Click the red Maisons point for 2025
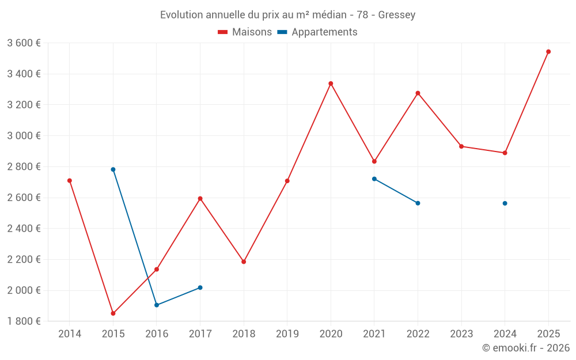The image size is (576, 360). click(x=548, y=52)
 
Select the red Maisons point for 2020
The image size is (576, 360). click(x=331, y=84)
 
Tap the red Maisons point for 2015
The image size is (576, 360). click(x=113, y=313)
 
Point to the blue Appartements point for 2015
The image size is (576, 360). click(x=113, y=169)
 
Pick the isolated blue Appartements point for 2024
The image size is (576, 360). click(x=505, y=203)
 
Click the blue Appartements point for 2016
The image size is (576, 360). click(x=157, y=305)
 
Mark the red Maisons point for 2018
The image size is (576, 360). click(x=244, y=262)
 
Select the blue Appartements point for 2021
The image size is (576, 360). click(x=374, y=179)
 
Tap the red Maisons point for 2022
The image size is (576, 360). click(x=418, y=93)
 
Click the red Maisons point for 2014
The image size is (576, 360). click(x=70, y=180)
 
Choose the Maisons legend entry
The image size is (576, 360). click(x=245, y=32)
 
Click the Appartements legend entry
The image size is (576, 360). click(x=317, y=32)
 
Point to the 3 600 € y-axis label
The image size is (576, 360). click(x=24, y=43)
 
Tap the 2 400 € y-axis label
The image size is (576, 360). click(x=24, y=229)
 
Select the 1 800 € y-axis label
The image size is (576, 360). click(x=24, y=321)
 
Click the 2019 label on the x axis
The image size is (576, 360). click(x=287, y=334)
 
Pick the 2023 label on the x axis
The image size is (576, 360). click(x=461, y=334)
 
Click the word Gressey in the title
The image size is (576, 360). click(x=397, y=15)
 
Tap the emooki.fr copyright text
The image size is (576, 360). click(x=526, y=347)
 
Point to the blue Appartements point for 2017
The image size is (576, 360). click(x=200, y=287)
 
